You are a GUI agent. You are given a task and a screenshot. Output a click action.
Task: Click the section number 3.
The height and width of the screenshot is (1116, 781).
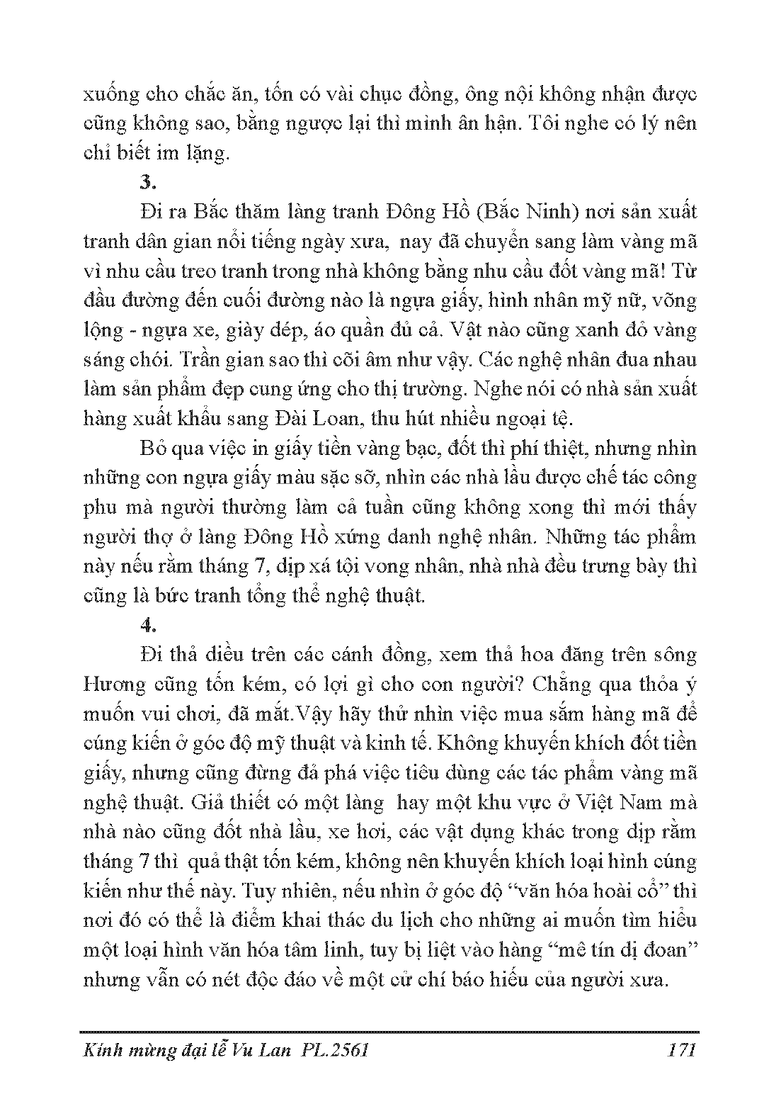tap(147, 182)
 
